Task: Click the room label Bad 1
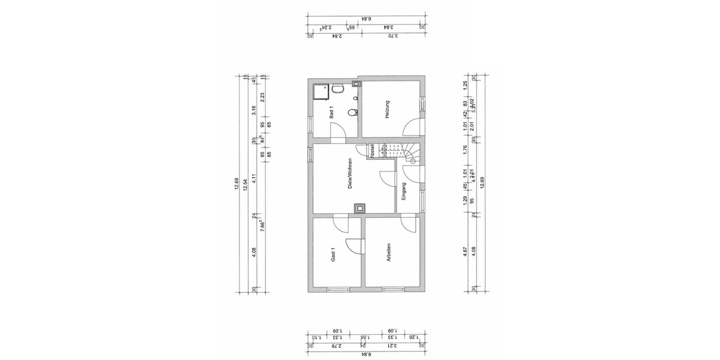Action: (x=331, y=112)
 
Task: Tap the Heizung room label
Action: (x=388, y=111)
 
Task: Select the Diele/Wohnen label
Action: (x=350, y=175)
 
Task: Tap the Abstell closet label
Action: (x=373, y=151)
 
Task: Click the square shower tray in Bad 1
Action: (x=321, y=90)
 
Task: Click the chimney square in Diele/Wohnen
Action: (x=360, y=208)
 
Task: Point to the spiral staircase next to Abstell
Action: (x=411, y=153)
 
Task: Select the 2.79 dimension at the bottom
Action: (x=337, y=345)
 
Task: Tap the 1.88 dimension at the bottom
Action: (x=363, y=337)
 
